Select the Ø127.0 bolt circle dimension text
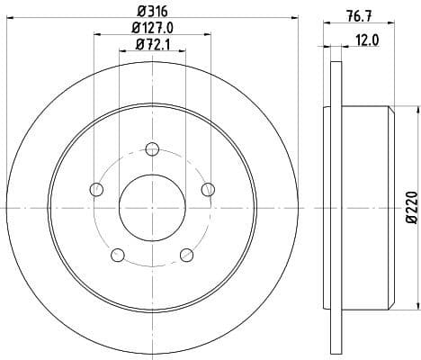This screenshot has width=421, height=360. point(152,27)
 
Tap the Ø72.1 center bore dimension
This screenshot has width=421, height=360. point(152,44)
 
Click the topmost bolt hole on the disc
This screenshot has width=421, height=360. point(152,148)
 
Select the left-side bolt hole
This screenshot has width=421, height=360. point(96,189)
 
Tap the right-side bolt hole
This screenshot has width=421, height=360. point(208,189)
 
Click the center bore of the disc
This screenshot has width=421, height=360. point(152,207)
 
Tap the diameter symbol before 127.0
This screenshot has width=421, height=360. point(133,27)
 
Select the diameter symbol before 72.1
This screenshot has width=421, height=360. point(137,44)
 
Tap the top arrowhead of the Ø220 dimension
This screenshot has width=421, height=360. point(402,109)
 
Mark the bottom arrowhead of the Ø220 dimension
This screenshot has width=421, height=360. point(402,306)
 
